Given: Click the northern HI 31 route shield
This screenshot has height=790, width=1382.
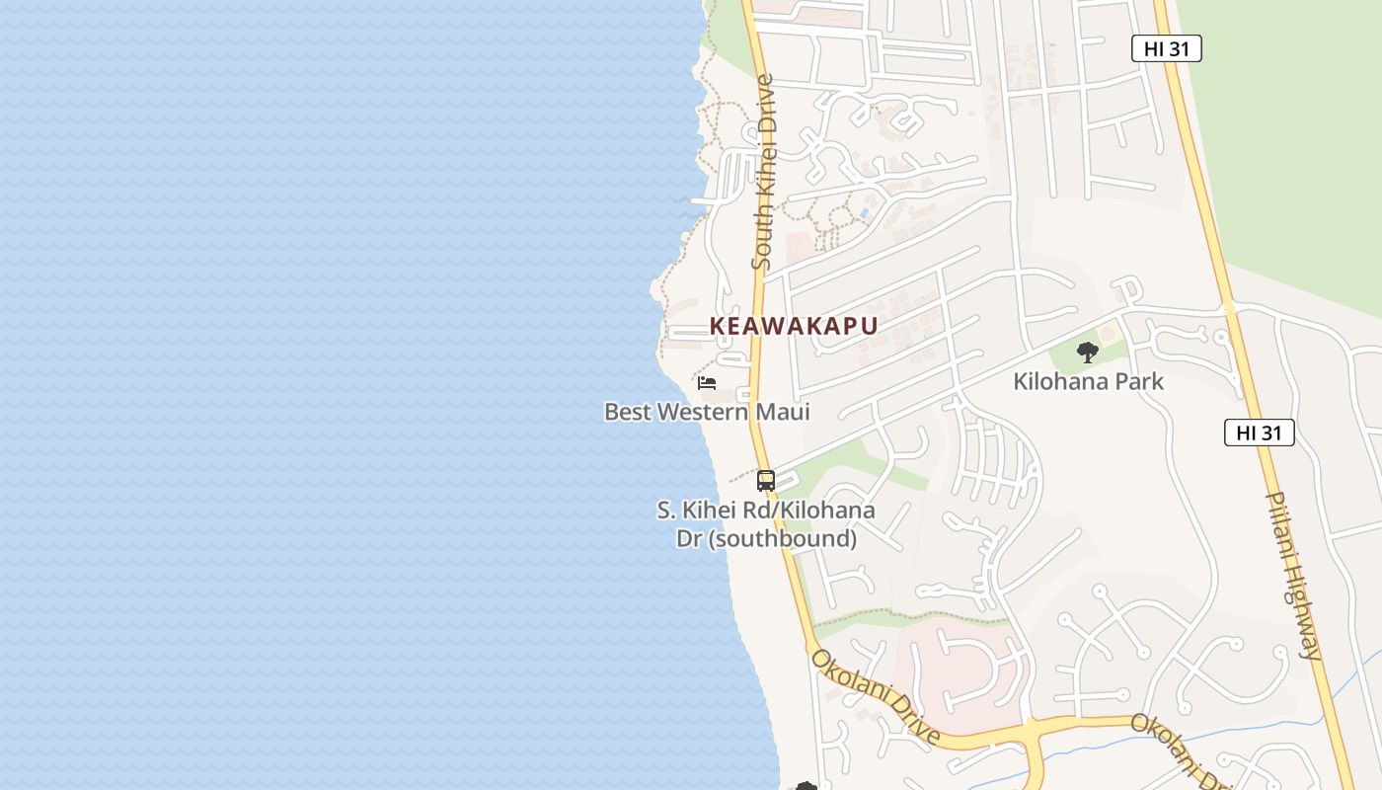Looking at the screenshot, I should (x=1166, y=48).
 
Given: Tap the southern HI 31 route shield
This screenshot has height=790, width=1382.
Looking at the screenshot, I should (x=1259, y=433).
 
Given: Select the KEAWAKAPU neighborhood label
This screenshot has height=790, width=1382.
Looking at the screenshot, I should (x=794, y=326).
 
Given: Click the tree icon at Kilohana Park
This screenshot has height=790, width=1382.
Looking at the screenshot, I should (x=1088, y=352).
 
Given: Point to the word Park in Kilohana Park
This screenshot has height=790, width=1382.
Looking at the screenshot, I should (x=1138, y=381).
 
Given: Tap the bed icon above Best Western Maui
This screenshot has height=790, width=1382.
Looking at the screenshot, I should (x=706, y=383).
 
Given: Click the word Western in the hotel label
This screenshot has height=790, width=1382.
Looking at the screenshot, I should (x=702, y=412).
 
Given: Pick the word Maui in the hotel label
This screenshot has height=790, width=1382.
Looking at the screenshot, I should (x=783, y=412).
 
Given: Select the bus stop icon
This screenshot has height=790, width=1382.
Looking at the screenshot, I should (x=766, y=481).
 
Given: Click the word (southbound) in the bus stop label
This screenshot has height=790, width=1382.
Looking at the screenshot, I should (x=783, y=538).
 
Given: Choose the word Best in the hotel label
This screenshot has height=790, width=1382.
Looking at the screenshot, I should (x=628, y=412).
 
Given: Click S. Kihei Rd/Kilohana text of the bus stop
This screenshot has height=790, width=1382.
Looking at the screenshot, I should (x=766, y=511).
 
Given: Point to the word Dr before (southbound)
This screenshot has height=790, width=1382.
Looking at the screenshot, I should (x=688, y=538).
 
